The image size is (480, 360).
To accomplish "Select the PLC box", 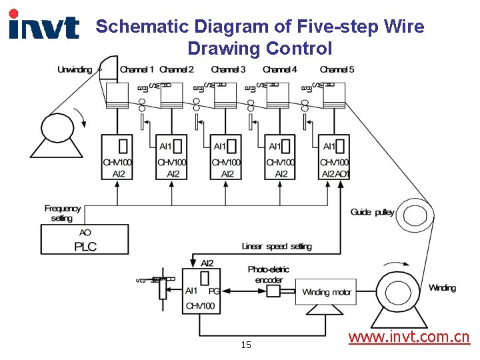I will click(85, 239).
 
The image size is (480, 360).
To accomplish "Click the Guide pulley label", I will click(372, 212).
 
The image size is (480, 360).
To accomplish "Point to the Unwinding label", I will click(75, 69).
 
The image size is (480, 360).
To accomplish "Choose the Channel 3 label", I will click(228, 69).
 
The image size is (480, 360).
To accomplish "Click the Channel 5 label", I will click(337, 69).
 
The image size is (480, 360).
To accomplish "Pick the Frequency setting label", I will click(62, 213).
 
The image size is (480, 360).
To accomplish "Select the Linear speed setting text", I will click(277, 247).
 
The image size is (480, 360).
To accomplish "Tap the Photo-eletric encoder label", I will click(269, 275).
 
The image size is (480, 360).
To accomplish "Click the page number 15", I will click(246, 345).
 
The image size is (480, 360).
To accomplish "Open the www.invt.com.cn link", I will click(409, 337).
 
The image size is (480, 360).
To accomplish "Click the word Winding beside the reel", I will click(442, 288).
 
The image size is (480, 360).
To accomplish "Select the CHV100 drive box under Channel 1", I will click(117, 157).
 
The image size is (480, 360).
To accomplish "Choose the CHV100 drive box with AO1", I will click(334, 157).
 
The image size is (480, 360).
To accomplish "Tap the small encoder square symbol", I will click(273, 292).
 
